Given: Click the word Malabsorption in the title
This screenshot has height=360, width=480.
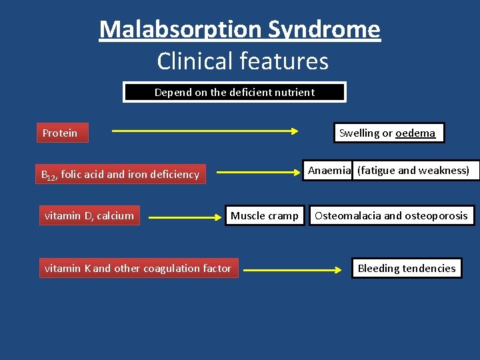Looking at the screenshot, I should pos(181,29).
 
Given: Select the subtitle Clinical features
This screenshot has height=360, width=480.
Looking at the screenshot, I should pos(243,61).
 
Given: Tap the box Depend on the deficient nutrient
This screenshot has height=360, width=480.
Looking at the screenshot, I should pos(235,92).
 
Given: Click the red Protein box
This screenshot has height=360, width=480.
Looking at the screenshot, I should pos(61,133).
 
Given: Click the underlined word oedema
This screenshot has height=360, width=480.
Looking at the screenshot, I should pos(415,133).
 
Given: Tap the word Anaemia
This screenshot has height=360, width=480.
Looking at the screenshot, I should pos(329,170).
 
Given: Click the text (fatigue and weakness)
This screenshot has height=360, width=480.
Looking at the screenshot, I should pos(413,170).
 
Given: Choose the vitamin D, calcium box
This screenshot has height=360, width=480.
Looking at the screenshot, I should pos(89,215).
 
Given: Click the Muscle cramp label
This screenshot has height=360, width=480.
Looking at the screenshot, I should pos(265,215).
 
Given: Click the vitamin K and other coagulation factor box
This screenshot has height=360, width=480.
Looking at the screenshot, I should pos(138,268).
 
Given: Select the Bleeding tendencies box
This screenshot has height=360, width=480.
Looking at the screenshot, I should pos(407,268).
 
